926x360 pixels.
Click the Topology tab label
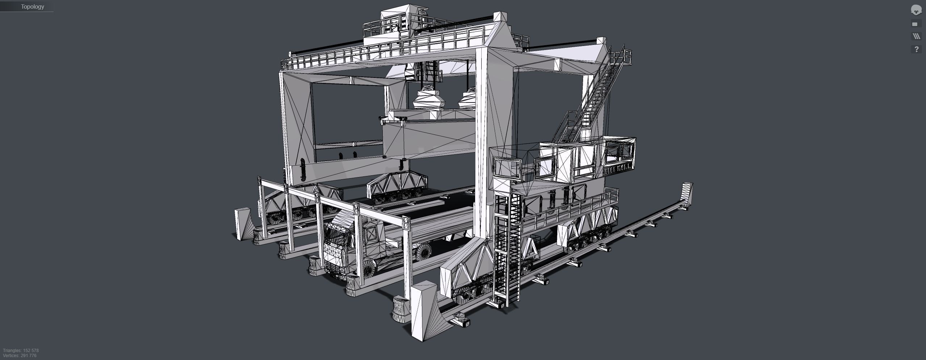(x=32, y=7)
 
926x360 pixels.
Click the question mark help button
(x=916, y=49)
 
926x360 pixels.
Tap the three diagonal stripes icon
(x=916, y=36)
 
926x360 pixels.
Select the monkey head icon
(x=916, y=10)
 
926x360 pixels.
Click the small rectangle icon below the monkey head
(x=915, y=24)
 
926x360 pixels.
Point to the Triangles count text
(x=21, y=351)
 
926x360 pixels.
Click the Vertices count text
(x=20, y=356)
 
